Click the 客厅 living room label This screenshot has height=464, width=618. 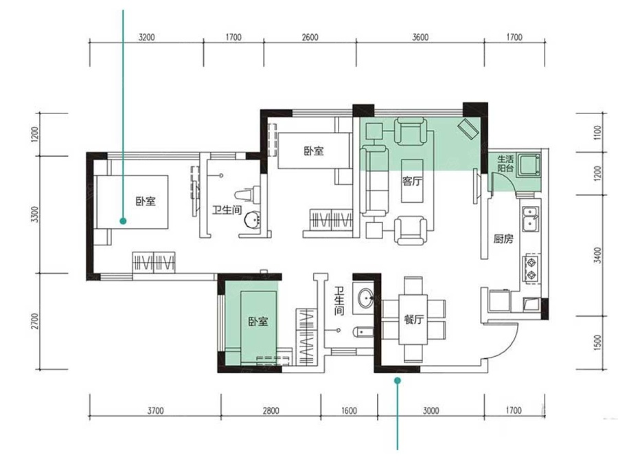click(412, 181)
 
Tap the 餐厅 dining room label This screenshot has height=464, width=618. click(413, 319)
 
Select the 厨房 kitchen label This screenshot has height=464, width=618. click(503, 239)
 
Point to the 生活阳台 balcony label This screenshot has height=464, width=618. click(505, 164)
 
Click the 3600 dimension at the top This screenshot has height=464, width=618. click(420, 38)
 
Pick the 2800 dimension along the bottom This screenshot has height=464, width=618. click(271, 411)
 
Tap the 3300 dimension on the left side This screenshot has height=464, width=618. click(35, 214)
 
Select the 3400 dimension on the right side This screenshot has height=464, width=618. click(597, 255)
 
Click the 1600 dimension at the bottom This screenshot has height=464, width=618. click(349, 411)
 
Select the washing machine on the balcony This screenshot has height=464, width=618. click(529, 164)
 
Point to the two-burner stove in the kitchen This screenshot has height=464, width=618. click(531, 268)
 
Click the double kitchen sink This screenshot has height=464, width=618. click(531, 219)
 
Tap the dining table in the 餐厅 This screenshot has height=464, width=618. click(413, 319)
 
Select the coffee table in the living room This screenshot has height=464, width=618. click(412, 181)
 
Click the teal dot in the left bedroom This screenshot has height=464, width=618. click(123, 221)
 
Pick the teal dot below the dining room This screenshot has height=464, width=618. click(398, 381)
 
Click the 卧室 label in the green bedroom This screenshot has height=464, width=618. click(258, 321)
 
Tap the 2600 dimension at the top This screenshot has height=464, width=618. click(310, 38)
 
